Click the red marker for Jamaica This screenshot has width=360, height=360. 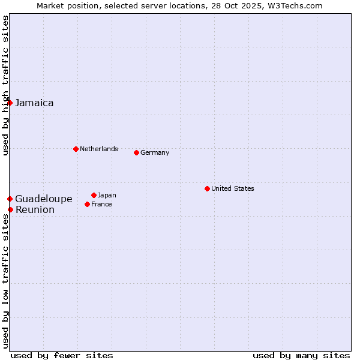pos(10,103)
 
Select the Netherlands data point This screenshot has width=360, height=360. pos(76,149)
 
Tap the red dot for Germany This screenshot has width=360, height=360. pos(136,152)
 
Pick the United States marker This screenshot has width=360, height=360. pos(207,188)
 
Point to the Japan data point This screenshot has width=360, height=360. pos(94,195)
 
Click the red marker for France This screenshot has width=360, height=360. pos(88,204)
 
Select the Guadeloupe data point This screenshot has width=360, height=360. pos(10,199)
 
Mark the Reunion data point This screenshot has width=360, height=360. pos(10,209)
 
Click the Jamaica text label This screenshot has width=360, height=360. pos(34,103)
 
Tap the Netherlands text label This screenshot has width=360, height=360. pos(98,149)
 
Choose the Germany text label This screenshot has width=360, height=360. pos(155,152)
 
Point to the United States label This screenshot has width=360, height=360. pos(232,188)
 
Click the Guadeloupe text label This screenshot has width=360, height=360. pos(43,199)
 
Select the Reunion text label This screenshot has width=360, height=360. pos(35,209)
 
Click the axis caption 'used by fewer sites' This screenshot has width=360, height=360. pos(62,355)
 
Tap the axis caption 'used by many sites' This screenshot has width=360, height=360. pos(301,355)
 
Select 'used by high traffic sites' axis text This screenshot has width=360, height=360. pos(5,85)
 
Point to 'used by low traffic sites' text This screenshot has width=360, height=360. pos(5,281)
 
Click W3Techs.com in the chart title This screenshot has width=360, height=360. pos(295,5)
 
